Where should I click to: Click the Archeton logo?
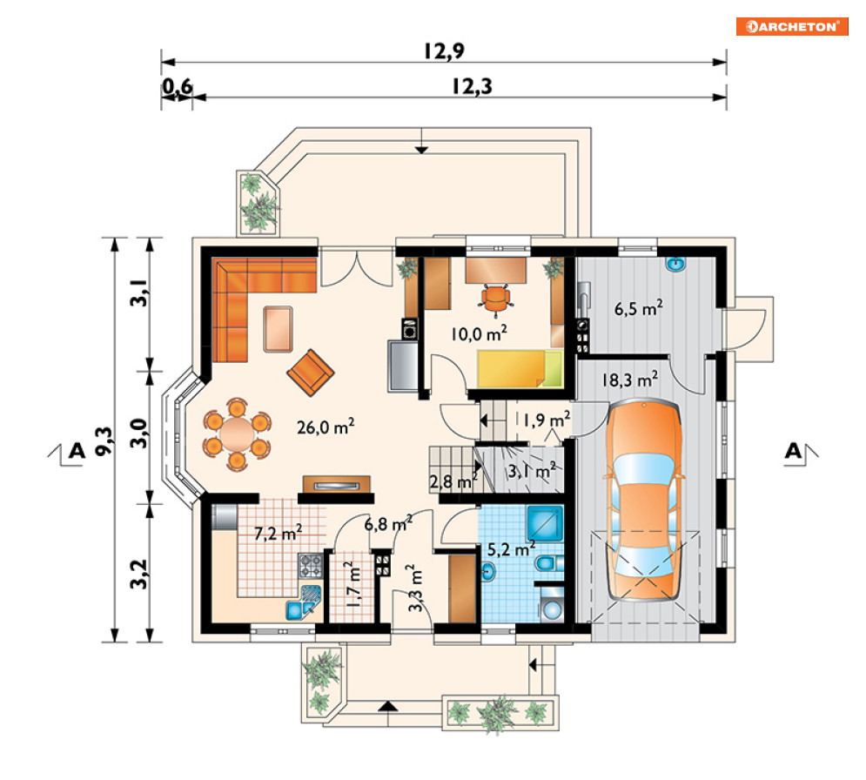[x=791, y=26]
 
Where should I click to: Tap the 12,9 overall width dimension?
[x=444, y=50]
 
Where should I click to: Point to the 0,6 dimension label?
[x=178, y=86]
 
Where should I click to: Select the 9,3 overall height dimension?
[x=104, y=440]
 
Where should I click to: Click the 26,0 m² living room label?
[x=326, y=427]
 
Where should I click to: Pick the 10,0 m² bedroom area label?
[x=479, y=333]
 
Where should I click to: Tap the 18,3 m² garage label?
[x=629, y=380]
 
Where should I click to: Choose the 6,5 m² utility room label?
[x=639, y=307]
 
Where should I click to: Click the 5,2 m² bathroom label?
[x=511, y=549]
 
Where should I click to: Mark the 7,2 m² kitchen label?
[x=278, y=533]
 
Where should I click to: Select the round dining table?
[x=238, y=434]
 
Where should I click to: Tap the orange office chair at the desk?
[x=496, y=299]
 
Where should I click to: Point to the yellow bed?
[x=520, y=368]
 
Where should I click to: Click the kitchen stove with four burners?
[x=311, y=565]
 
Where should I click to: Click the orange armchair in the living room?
[x=311, y=373]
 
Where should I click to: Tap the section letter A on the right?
[x=793, y=451]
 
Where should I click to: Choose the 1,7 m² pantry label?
[x=353, y=584]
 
